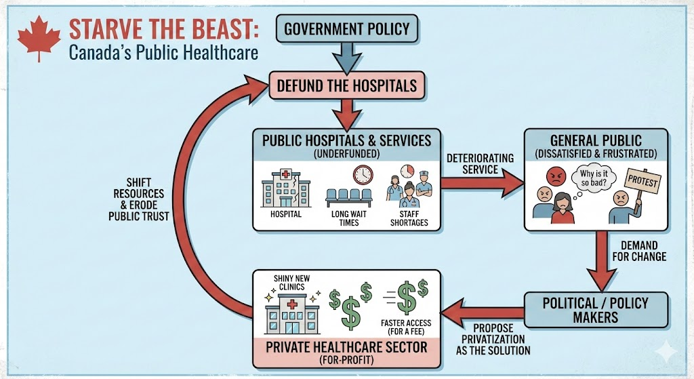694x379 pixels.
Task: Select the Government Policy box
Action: [346, 28]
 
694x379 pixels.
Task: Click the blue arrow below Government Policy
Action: [347, 56]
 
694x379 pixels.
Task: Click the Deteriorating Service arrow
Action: [482, 181]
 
